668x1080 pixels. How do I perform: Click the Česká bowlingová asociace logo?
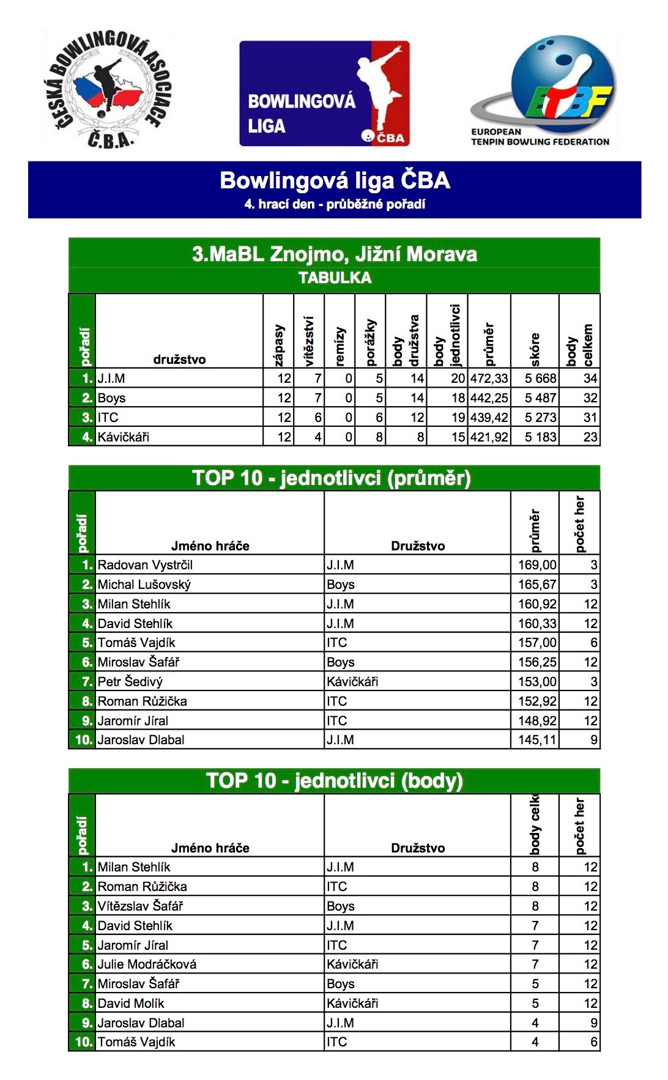pyautogui.click(x=109, y=90)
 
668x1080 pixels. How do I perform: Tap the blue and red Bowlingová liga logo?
pyautogui.click(x=324, y=94)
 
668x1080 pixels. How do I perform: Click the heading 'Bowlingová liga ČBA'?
pyautogui.click(x=335, y=180)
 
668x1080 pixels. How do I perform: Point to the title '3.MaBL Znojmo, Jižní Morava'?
pyautogui.click(x=334, y=254)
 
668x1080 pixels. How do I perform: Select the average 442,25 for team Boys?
pyautogui.click(x=489, y=398)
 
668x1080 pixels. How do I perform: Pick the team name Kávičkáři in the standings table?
pyautogui.click(x=124, y=437)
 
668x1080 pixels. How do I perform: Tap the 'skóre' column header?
pyautogui.click(x=535, y=349)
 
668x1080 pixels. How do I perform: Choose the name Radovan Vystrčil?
pyautogui.click(x=145, y=565)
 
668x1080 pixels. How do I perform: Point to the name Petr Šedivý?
pyautogui.click(x=130, y=682)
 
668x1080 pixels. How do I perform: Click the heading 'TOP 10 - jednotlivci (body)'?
pyautogui.click(x=334, y=781)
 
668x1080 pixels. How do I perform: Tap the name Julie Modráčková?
pyautogui.click(x=147, y=964)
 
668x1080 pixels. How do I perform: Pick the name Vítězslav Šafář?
pyautogui.click(x=140, y=906)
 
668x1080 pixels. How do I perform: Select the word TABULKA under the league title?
pyautogui.click(x=335, y=278)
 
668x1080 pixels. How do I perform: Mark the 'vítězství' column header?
pyautogui.click(x=309, y=341)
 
